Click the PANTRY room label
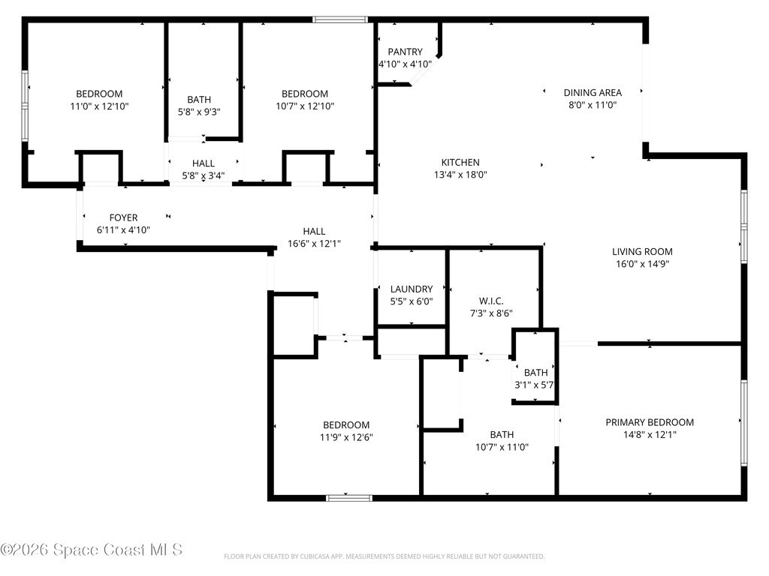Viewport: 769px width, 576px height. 405,52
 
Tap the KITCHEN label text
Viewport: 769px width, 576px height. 460,163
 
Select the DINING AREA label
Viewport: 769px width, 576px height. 593,92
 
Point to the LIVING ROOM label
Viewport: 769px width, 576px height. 642,252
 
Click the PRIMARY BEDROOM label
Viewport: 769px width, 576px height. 650,422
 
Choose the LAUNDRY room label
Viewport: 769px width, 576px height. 412,289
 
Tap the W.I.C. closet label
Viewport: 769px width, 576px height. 491,301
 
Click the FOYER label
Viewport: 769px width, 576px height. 124,218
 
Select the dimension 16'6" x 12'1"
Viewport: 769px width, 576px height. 314,244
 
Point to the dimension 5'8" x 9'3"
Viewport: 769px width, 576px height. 199,112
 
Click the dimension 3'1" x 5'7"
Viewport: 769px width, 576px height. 534,385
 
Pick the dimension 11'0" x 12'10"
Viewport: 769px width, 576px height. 100,106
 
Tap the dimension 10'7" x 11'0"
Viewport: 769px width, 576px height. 502,447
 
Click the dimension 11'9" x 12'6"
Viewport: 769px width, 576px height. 346,437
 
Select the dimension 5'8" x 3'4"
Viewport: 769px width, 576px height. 203,175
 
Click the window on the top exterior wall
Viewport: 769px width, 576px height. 340,20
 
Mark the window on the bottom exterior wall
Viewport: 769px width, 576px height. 349,498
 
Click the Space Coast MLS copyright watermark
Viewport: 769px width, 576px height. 92,550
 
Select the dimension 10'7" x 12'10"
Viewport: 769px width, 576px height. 305,106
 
